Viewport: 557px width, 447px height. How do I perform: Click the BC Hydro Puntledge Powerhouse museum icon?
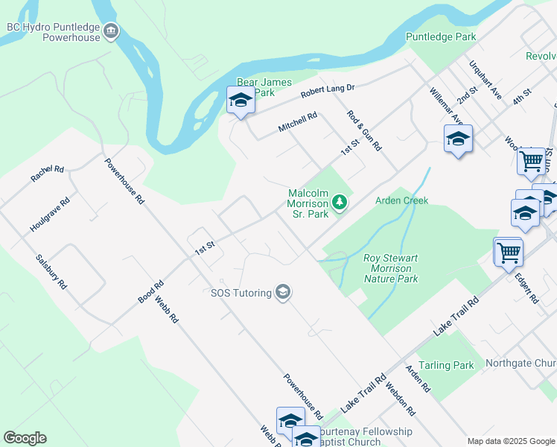[111, 31]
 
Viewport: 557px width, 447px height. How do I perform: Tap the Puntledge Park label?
[440, 37]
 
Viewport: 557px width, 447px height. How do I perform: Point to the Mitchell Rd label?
[298, 122]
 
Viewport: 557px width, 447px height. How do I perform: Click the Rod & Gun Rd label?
[364, 130]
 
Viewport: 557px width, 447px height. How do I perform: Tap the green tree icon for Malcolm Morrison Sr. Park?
[340, 202]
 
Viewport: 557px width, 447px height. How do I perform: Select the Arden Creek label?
[401, 200]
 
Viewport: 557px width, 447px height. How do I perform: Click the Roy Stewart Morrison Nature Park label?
[390, 268]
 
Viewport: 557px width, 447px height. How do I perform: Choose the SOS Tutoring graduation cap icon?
[282, 292]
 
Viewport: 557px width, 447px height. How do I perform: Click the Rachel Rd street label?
[48, 174]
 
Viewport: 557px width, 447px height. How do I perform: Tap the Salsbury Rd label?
[51, 272]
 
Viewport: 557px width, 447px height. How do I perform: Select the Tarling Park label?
[446, 365]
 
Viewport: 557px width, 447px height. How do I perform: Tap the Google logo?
[25, 438]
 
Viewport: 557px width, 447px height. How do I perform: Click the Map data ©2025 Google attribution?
[510, 441]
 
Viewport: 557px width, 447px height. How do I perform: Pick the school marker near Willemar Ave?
[458, 139]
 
